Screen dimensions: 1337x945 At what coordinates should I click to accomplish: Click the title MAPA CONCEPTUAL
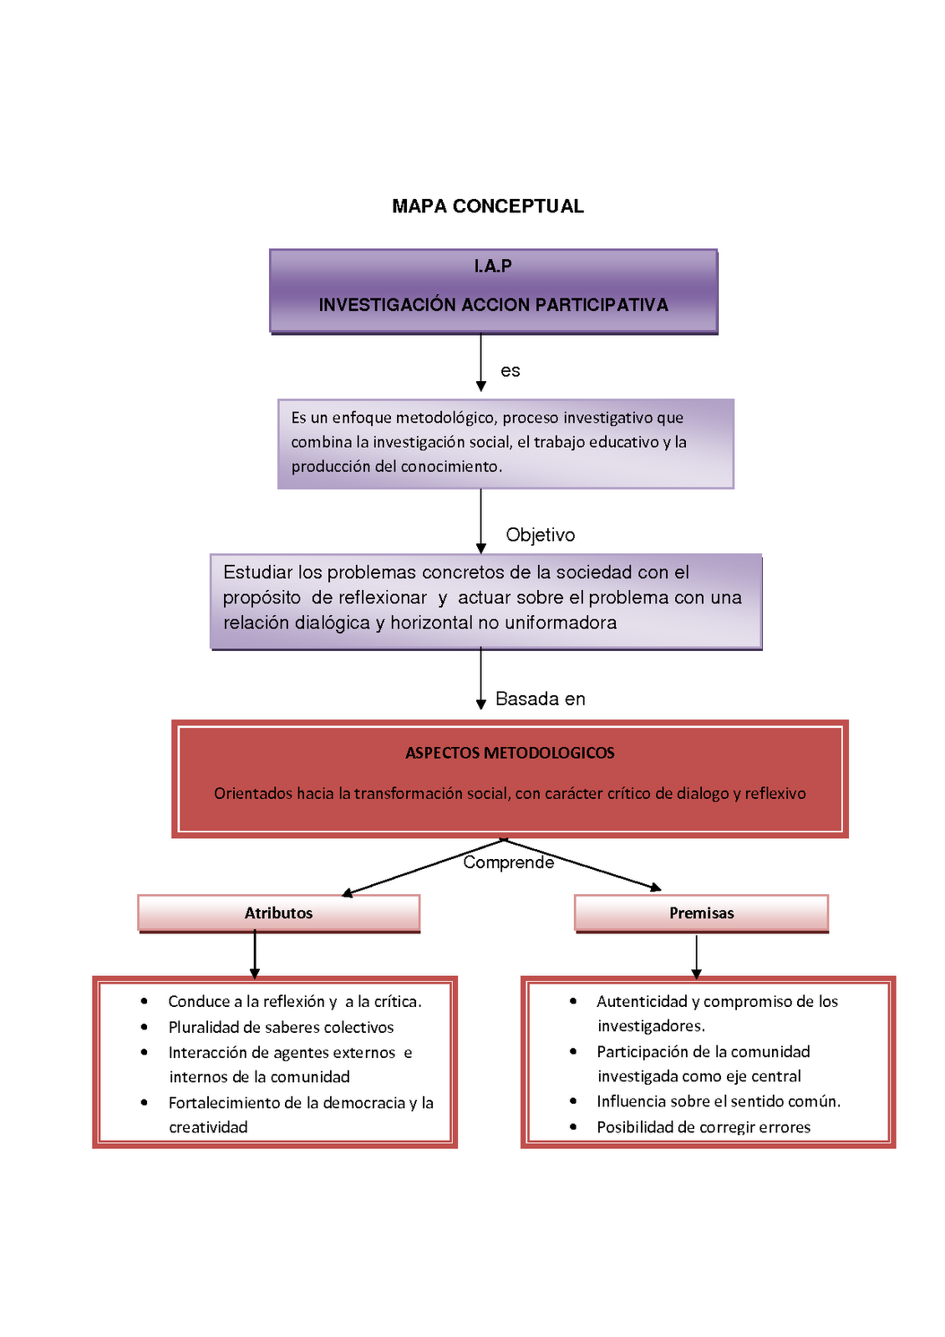pos(488,206)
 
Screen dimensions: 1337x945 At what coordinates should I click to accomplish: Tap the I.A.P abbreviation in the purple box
pos(493,266)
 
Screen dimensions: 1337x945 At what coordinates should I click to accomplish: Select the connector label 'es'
pos(511,371)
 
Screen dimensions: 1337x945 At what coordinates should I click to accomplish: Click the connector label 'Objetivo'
pos(541,535)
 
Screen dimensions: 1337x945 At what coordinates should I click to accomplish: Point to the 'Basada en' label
pos(541,699)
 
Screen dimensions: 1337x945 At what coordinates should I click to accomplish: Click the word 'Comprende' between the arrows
pos(508,862)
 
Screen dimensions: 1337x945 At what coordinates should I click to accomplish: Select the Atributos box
pos(279,913)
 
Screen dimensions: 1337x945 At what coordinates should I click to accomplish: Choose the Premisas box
pos(701,913)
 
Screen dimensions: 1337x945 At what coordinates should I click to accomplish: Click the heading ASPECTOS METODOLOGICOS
pos(510,753)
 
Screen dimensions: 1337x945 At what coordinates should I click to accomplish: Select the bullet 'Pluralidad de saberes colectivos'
pos(281,1027)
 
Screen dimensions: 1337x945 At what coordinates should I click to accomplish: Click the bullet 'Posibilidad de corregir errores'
pos(704,1127)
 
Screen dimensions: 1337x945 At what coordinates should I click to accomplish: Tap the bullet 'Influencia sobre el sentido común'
pos(718,1101)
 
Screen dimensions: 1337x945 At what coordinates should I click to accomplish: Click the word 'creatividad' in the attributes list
pos(208,1127)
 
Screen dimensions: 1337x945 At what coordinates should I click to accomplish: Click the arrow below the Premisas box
pos(696,957)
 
